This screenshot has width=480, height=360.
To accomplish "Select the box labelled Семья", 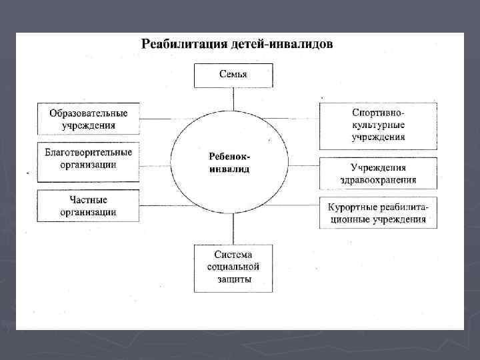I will coord(233,75).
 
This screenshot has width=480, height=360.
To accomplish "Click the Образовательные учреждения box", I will coord(89,119).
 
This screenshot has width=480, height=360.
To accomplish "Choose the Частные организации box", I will coord(89,206).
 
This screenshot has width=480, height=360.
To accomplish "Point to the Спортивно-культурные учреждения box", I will coord(378,126).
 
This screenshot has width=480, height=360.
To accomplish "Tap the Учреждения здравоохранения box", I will coord(378,173).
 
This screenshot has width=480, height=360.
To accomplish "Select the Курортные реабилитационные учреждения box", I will coord(378,213).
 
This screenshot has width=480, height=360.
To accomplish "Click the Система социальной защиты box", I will coord(233,268).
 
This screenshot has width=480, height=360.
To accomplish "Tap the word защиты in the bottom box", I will coord(234,280).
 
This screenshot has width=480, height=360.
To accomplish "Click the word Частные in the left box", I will coord(89,200).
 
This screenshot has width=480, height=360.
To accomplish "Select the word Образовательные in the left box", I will coord(89,113).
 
